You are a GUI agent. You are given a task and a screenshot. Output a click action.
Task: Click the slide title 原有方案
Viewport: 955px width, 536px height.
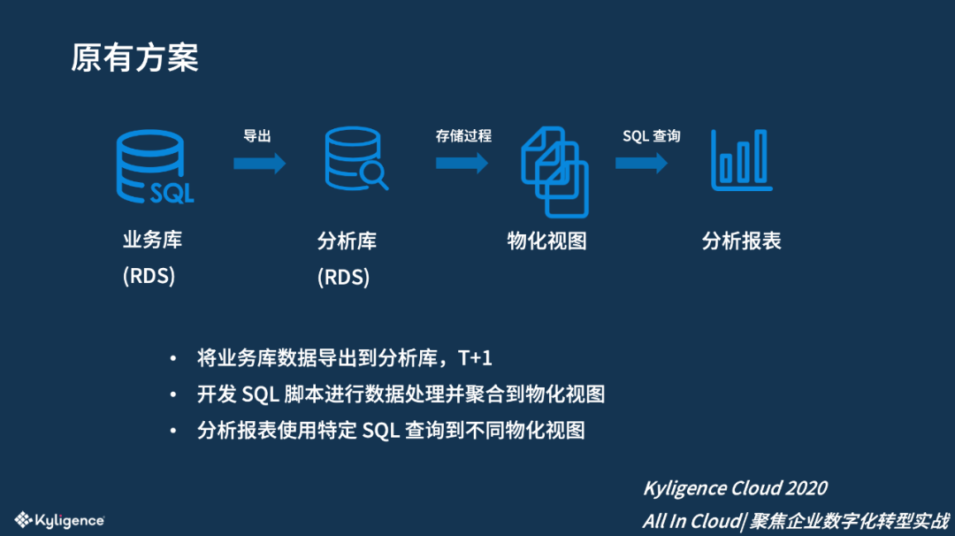135,57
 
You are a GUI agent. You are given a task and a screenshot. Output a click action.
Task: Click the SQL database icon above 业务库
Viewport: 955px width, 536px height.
154,167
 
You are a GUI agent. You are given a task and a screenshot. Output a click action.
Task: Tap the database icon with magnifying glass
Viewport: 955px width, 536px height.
355,159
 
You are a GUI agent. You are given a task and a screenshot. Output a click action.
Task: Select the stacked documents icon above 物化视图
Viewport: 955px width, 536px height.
554,172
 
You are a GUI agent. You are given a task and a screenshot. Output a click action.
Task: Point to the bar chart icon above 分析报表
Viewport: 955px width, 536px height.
741,160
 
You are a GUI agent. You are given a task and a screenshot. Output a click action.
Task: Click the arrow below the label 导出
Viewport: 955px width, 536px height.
259,163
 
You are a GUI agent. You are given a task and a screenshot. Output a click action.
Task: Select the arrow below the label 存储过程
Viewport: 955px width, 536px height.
462,163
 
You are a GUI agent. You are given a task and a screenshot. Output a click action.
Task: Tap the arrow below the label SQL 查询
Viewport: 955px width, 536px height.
641,163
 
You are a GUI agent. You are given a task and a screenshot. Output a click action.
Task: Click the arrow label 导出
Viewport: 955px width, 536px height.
257,136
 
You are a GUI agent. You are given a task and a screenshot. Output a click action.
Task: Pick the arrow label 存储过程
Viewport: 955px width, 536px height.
462,136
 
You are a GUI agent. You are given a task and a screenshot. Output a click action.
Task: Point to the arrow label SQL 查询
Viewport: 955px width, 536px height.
651,136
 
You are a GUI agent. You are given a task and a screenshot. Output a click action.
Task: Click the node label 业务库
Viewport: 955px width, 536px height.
152,240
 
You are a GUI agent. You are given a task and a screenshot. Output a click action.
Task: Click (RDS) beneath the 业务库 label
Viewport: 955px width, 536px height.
149,276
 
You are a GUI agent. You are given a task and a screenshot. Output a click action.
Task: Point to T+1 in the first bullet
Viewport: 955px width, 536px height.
475,358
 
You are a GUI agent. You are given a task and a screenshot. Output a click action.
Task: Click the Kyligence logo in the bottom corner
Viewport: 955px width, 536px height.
60,520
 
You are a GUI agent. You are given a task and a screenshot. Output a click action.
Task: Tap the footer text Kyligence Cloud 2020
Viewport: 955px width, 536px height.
735,488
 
